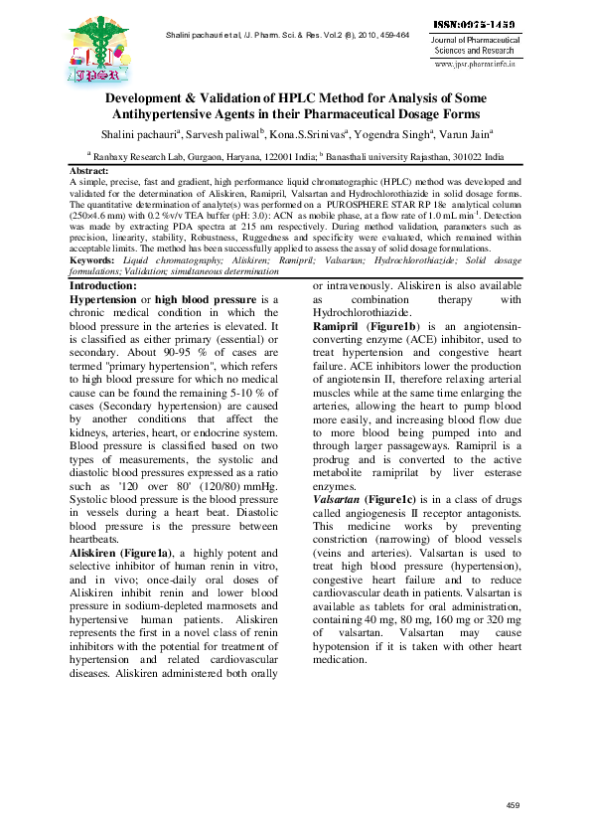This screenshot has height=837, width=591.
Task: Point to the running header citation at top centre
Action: [x=287, y=36]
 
